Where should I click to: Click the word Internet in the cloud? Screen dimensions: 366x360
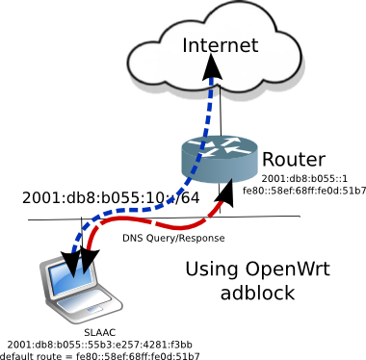click(221, 45)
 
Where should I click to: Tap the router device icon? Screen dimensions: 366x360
click(220, 159)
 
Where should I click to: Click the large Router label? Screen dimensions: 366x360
click(294, 160)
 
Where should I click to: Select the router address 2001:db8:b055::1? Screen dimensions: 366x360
click(304, 178)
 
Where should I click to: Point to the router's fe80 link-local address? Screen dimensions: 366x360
click(304, 191)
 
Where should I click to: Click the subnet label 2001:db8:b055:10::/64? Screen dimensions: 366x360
click(111, 197)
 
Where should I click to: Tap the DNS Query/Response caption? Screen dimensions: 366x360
click(173, 238)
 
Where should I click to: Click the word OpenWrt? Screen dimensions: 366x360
click(288, 269)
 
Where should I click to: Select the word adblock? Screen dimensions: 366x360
click(257, 293)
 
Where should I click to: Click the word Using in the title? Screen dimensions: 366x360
click(212, 270)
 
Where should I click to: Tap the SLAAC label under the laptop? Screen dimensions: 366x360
click(100, 333)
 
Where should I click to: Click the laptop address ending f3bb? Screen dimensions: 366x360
click(100, 345)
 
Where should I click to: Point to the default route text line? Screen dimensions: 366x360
click(100, 356)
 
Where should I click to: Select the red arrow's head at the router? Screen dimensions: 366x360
click(225, 192)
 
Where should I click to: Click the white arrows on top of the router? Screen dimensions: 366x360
click(220, 146)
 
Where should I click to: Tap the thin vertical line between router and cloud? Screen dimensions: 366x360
click(221, 109)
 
